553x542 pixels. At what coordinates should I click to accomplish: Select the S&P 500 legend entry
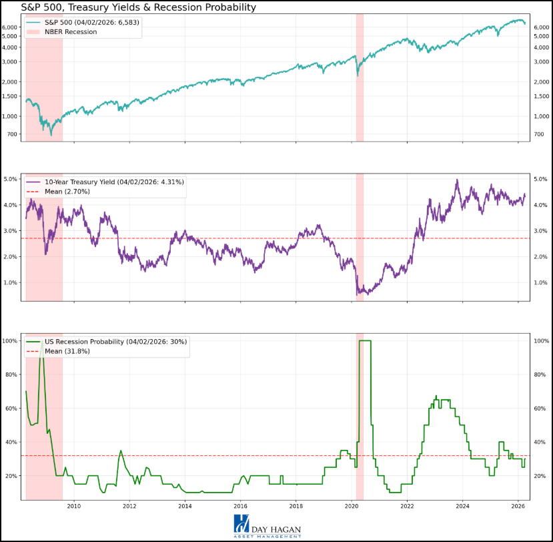point(93,22)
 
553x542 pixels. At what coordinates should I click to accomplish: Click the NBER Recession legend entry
point(70,32)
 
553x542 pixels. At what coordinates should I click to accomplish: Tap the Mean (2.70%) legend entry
point(67,192)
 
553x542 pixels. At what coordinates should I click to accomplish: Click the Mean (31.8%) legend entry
point(67,351)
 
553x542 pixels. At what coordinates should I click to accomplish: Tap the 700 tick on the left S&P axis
point(13,135)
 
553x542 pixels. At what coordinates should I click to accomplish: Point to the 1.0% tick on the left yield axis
point(12,282)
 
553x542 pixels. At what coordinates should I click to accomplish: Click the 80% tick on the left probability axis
point(12,375)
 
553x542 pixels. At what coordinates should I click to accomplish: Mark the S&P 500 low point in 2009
point(51,135)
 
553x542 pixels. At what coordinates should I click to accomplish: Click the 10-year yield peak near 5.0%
point(457,180)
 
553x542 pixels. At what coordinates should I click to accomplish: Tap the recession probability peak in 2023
point(436,396)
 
